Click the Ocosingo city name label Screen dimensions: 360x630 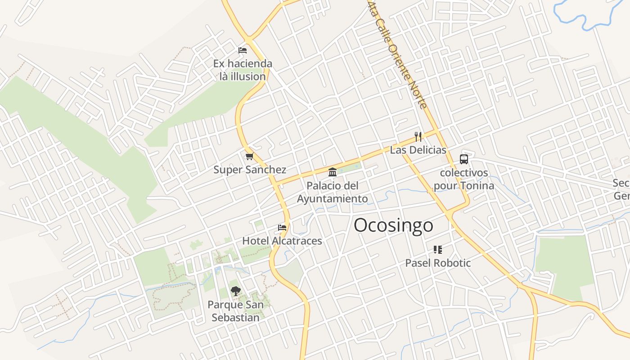(x=393, y=225)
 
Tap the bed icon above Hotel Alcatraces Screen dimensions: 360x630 (x=282, y=227)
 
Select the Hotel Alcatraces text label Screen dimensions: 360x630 (x=282, y=241)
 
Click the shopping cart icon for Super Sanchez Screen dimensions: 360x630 (x=249, y=156)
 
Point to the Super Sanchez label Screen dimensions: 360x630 (x=250, y=170)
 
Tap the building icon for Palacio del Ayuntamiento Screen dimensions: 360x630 (x=333, y=172)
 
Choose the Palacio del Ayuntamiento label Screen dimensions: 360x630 (x=333, y=192)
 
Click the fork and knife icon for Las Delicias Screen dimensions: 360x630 (x=418, y=136)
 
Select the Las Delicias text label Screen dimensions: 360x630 (x=418, y=150)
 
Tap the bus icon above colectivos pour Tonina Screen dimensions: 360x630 (x=463, y=159)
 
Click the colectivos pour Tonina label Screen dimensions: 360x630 (x=464, y=179)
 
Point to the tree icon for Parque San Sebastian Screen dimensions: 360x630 (x=235, y=291)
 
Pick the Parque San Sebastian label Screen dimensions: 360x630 (x=235, y=311)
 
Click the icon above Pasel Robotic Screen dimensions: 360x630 (x=438, y=249)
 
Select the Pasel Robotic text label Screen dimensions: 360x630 (x=438, y=263)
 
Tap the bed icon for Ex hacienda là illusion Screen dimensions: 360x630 (x=243, y=50)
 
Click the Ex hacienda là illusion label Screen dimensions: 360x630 (x=243, y=70)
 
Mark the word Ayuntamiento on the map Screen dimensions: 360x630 (x=333, y=198)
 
